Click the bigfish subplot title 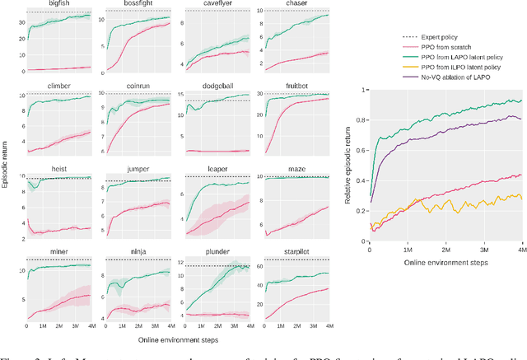click(58, 5)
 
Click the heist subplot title click(58, 168)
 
